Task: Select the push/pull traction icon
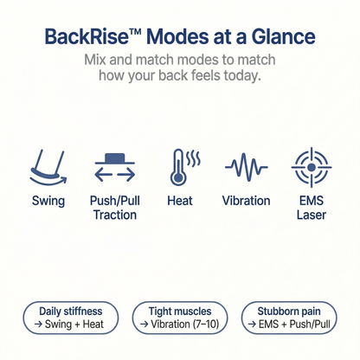pos(114,166)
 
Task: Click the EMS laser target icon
pos(312,164)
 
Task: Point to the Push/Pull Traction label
pos(114,207)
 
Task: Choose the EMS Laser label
pos(312,207)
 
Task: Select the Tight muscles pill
pos(180,318)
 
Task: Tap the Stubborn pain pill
pos(291,318)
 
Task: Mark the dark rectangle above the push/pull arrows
pos(114,157)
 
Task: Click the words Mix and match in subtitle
pos(132,62)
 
